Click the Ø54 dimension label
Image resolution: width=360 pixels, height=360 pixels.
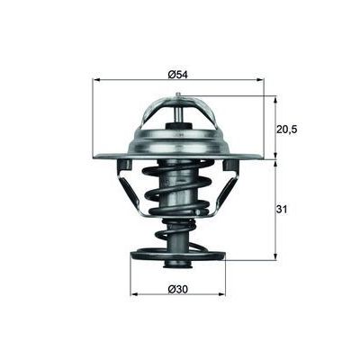point(177,73)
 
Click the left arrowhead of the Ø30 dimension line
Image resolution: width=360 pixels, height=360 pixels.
point(135,293)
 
